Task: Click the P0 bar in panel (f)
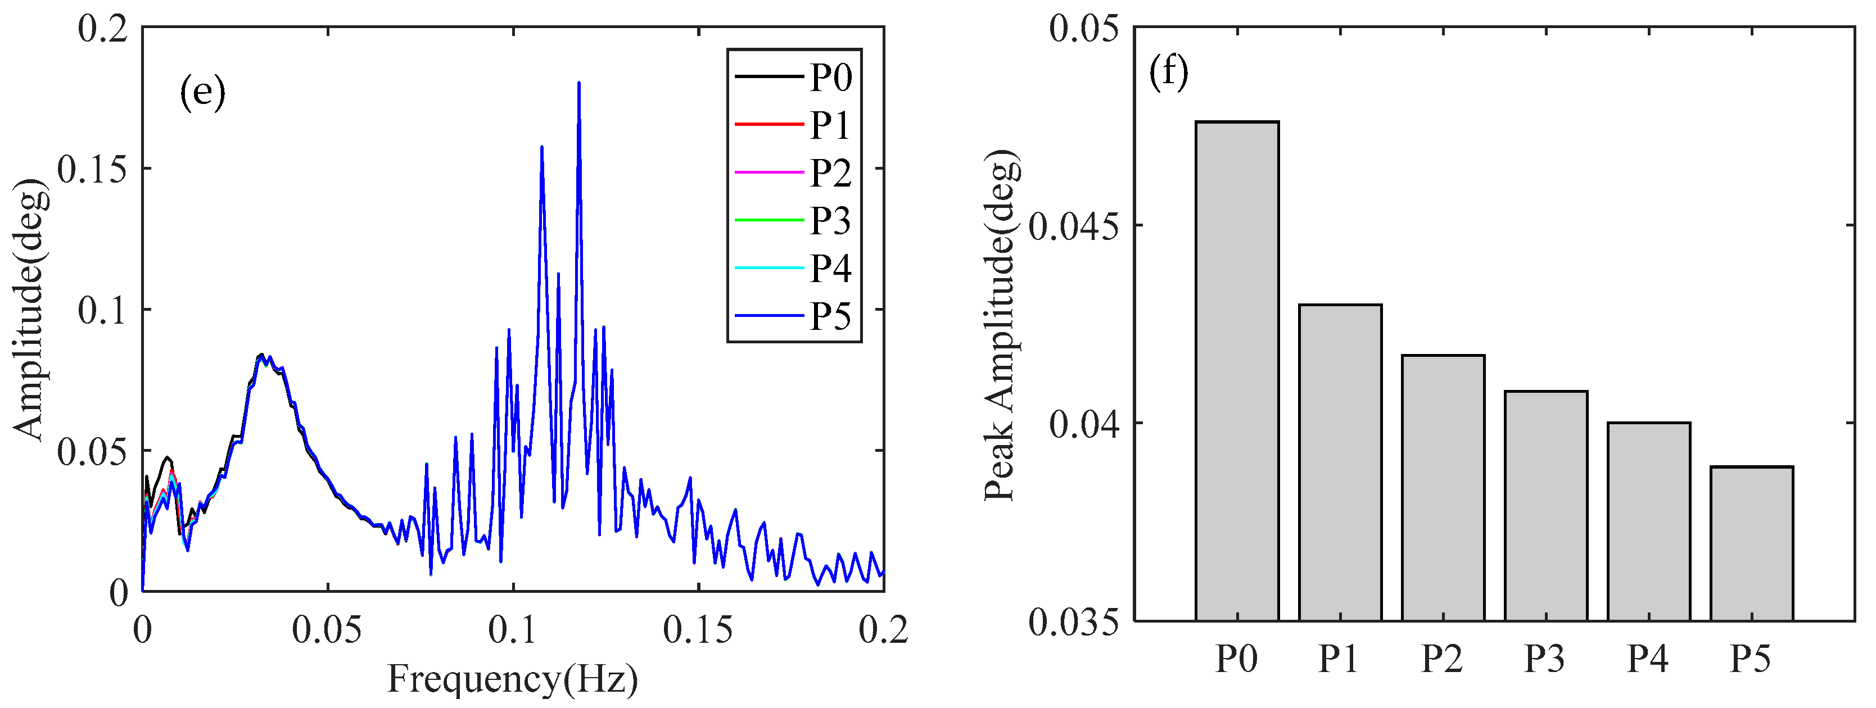pyautogui.click(x=1237, y=371)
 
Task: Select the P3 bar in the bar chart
pyautogui.click(x=1545, y=506)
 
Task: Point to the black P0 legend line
pyautogui.click(x=769, y=76)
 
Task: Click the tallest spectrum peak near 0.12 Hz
pyautogui.click(x=579, y=84)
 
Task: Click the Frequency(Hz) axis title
pyautogui.click(x=512, y=679)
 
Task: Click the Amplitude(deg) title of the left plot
pyautogui.click(x=30, y=309)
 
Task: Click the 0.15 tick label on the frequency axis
pyautogui.click(x=697, y=630)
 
